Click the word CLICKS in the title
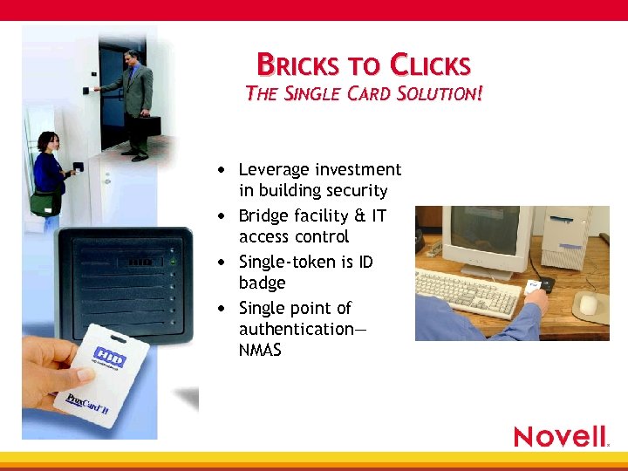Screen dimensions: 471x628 (430, 65)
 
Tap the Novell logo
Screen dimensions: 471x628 (561, 436)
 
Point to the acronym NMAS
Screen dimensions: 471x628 (260, 351)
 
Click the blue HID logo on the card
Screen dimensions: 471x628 (111, 359)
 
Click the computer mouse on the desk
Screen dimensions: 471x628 (589, 303)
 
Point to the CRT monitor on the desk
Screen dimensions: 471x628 (489, 236)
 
